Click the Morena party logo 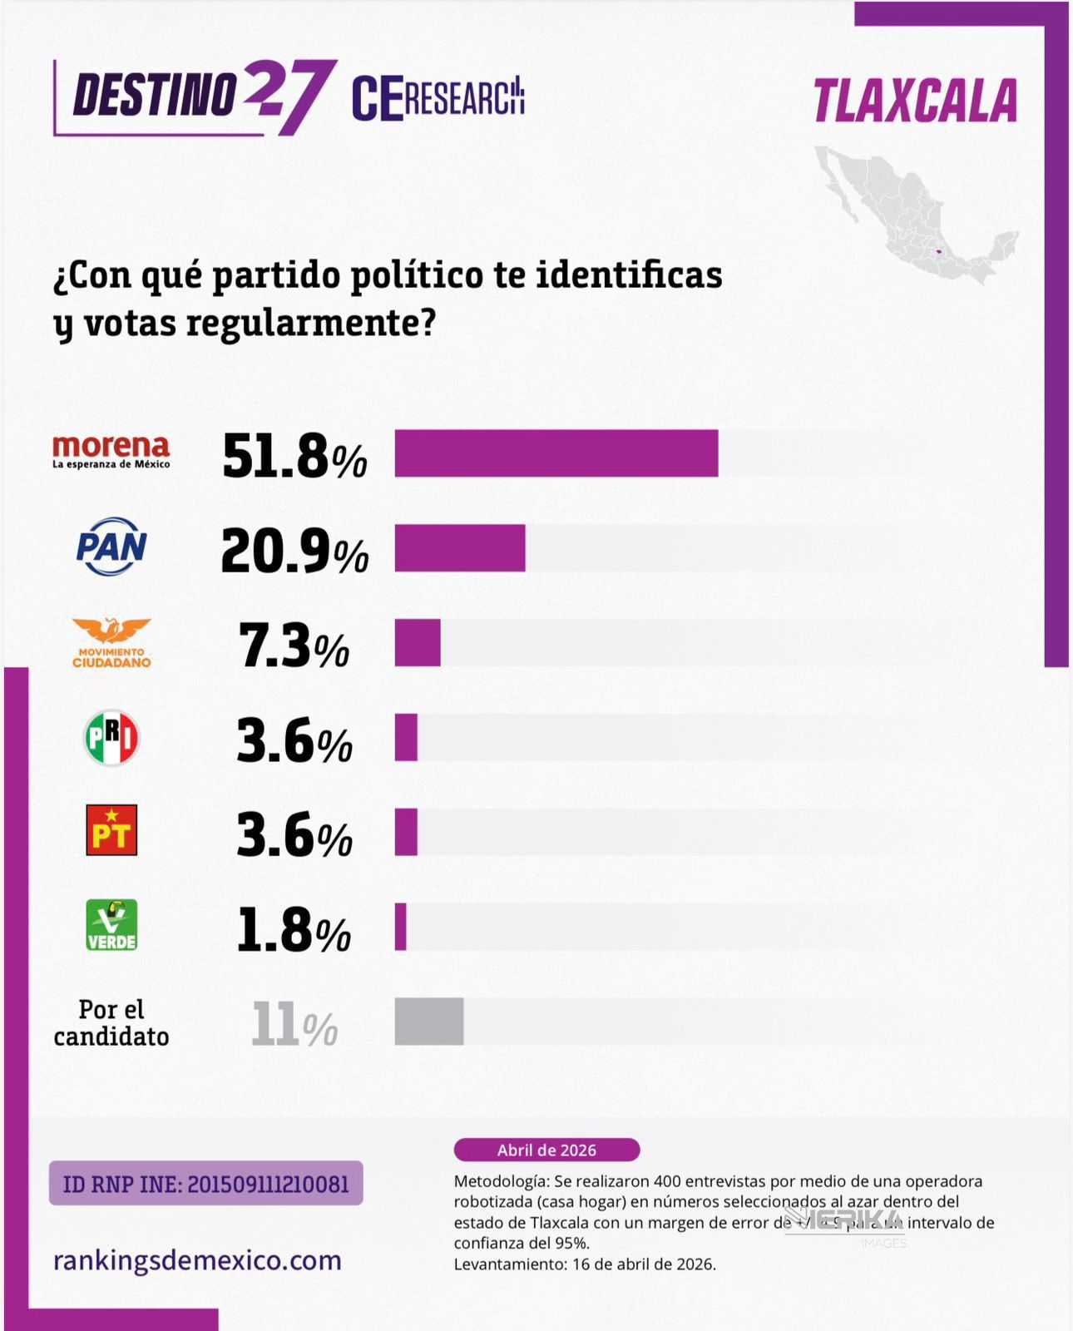111,452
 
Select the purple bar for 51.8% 556,453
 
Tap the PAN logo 111,547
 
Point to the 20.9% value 294,552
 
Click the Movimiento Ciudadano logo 111,643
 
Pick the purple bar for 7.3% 418,643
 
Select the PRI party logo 111,737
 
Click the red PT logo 111,830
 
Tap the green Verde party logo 111,925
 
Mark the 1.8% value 294,930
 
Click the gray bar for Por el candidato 428,1022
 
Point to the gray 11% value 294,1025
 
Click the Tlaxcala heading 915,101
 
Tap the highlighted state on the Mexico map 938,251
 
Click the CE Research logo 438,98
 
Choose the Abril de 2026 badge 546,1150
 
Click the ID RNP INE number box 205,1183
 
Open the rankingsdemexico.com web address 197,1260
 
